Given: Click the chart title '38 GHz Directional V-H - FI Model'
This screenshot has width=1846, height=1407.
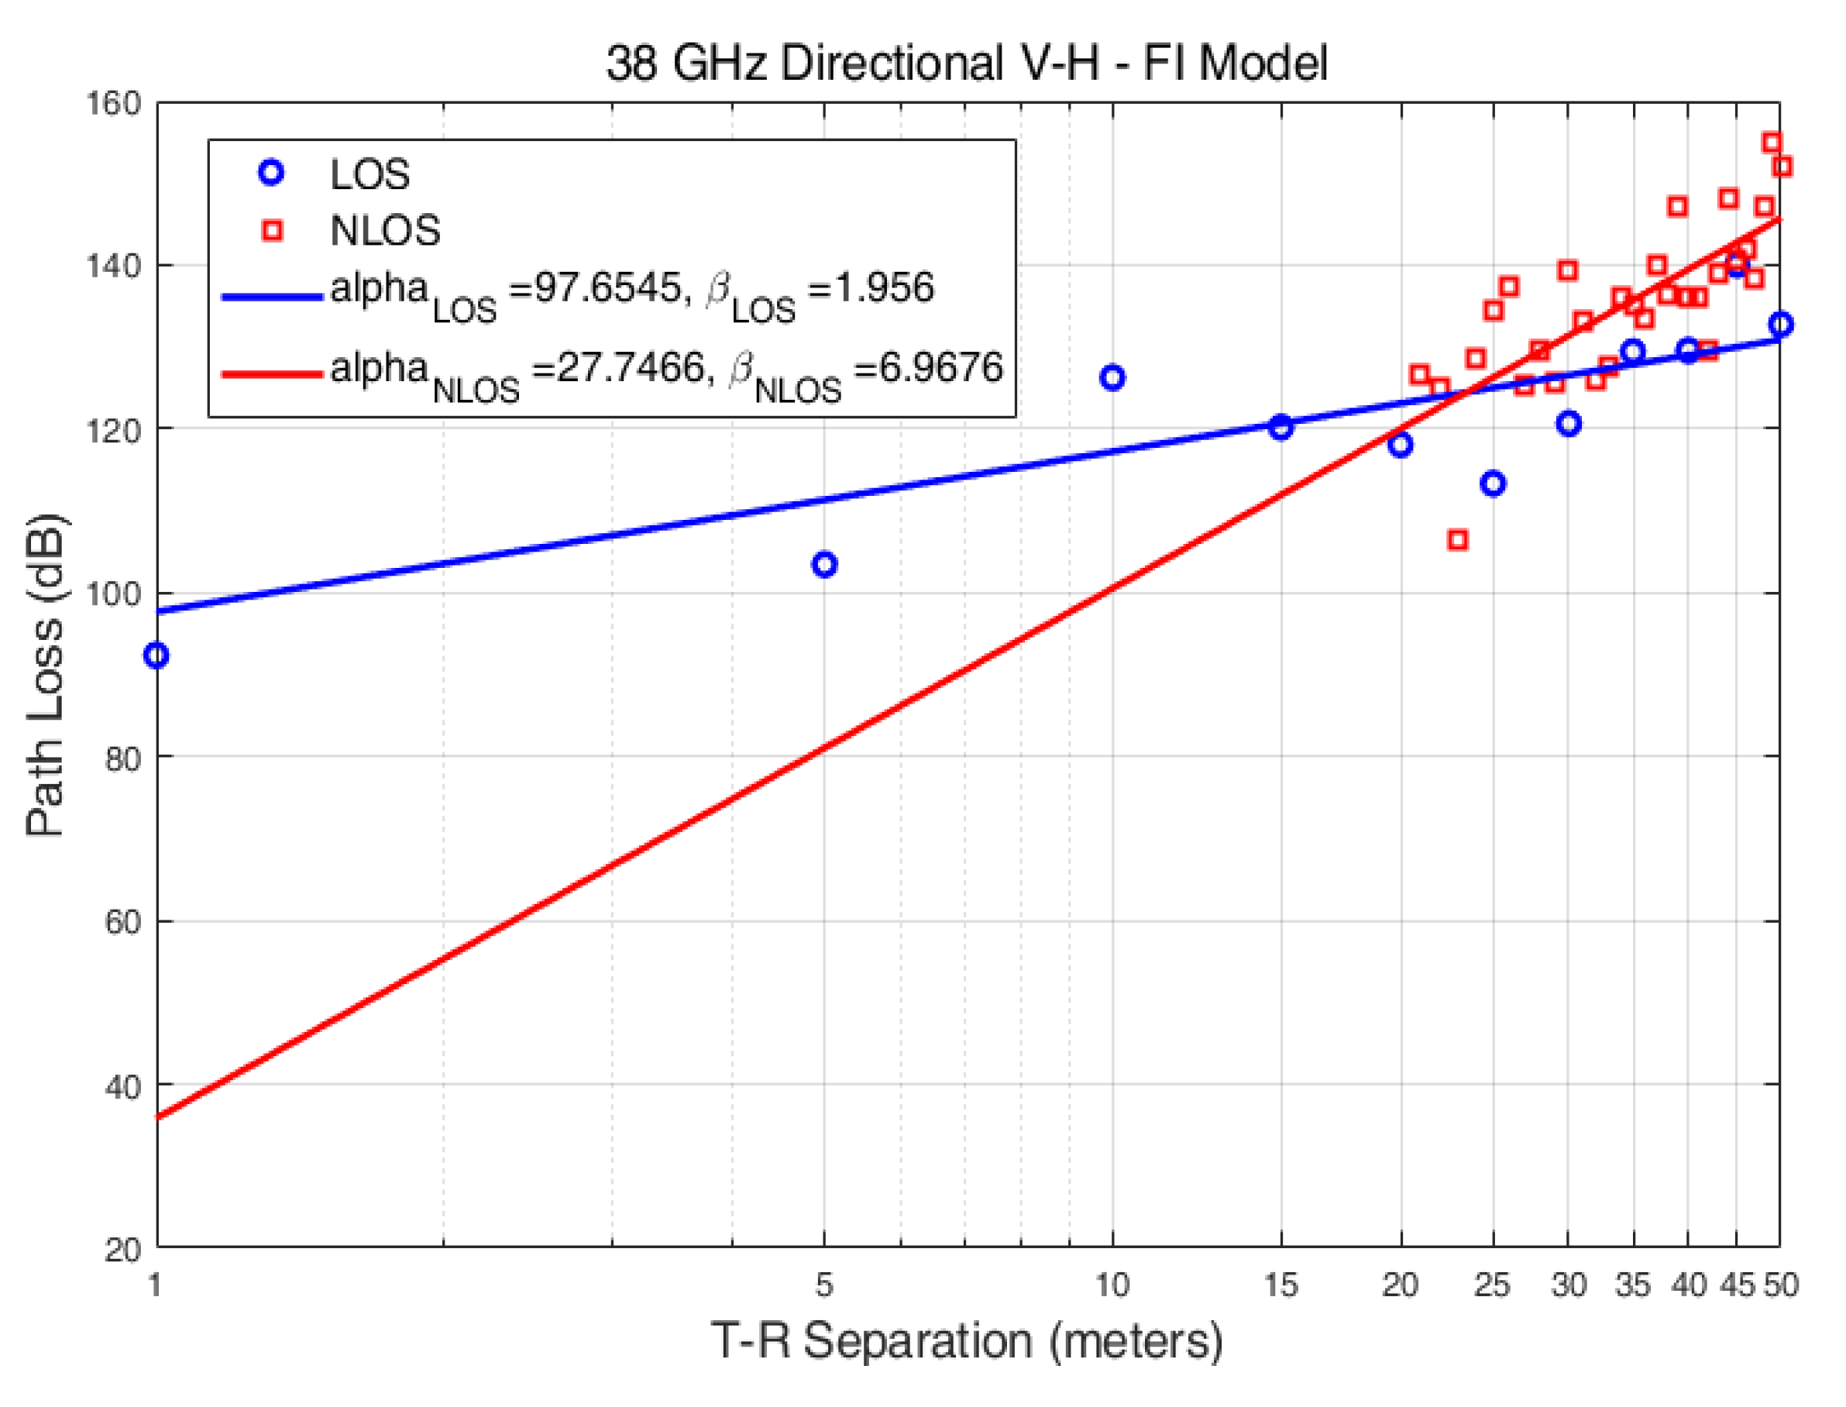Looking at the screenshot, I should [x=966, y=64].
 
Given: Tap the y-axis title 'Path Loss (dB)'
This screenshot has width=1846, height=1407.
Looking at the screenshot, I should [x=45, y=675].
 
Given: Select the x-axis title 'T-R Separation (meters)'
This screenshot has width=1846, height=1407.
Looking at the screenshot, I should [x=966, y=1341].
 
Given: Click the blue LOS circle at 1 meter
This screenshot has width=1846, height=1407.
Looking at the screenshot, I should [x=156, y=655].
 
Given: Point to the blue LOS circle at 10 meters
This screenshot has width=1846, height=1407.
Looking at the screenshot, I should [x=1112, y=378].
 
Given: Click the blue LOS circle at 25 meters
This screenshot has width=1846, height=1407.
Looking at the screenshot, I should [x=1493, y=483].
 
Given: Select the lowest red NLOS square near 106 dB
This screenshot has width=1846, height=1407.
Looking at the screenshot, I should [x=1458, y=540].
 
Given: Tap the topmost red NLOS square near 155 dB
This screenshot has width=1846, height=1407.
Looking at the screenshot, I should [x=1772, y=143].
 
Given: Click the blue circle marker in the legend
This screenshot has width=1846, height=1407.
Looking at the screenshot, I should [x=271, y=174].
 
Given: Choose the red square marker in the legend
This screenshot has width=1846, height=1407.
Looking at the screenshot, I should [x=271, y=230].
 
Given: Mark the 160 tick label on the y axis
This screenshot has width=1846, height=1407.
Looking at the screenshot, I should [x=113, y=104].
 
